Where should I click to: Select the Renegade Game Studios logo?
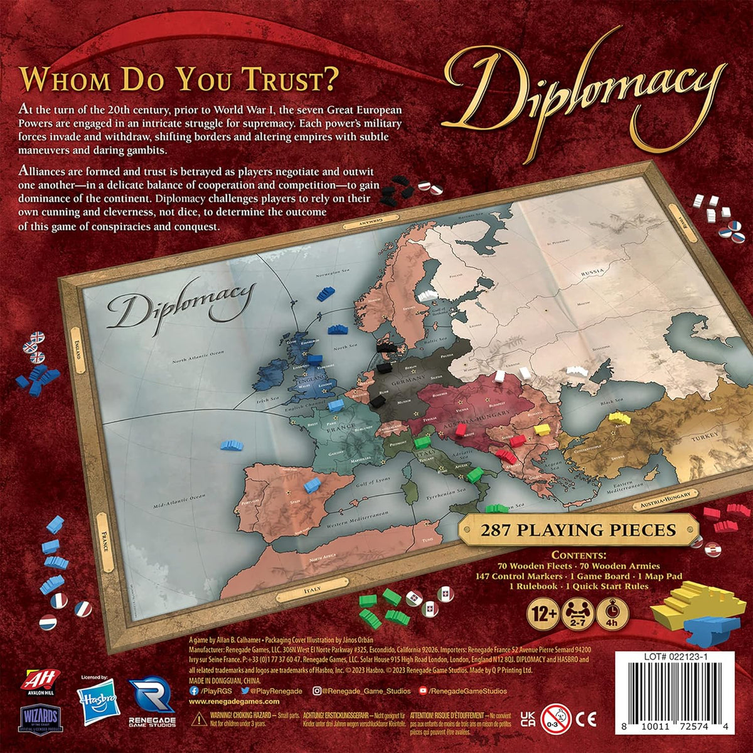(151, 706)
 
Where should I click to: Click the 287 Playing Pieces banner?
(578, 530)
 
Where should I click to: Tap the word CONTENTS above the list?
(579, 555)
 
